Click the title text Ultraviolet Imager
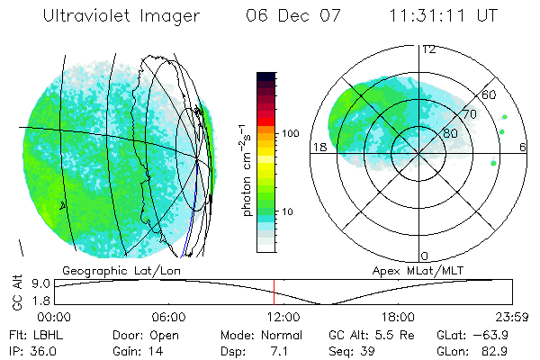[125, 15]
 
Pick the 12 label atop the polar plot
[429, 49]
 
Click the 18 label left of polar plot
[319, 147]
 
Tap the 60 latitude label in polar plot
[490, 94]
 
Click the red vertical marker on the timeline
[274, 292]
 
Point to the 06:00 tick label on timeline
[169, 318]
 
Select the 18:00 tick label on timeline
[398, 318]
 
